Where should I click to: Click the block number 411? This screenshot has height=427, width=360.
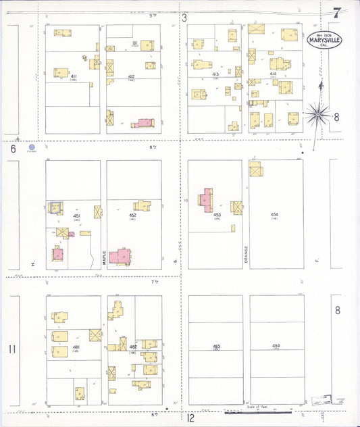[73, 77]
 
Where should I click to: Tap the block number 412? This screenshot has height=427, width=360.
[131, 77]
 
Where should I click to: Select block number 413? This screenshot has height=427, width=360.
[215, 74]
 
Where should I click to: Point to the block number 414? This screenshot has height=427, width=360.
[273, 74]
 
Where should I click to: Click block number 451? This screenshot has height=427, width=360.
[77, 216]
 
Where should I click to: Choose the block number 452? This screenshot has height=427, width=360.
[133, 215]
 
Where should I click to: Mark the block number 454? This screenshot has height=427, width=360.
[275, 215]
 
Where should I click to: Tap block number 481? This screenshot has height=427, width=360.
[76, 347]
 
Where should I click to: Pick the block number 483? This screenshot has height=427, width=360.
[216, 346]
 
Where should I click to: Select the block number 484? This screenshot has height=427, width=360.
[276, 346]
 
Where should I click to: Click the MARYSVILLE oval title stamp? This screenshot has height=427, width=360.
[325, 40]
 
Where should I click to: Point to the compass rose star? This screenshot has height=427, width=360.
[317, 115]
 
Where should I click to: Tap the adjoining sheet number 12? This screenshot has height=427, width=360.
[191, 418]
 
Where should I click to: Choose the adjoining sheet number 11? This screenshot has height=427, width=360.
[11, 349]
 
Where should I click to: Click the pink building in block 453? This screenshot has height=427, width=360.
[205, 201]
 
